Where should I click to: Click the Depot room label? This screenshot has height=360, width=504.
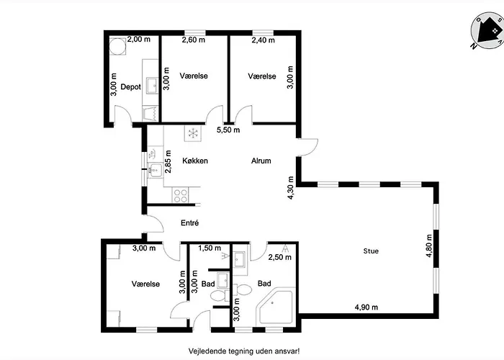(130, 87)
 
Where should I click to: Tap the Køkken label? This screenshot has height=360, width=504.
(195, 161)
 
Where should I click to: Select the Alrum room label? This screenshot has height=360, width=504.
(261, 161)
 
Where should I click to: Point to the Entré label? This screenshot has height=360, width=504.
(189, 222)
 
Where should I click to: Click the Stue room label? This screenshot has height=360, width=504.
(371, 251)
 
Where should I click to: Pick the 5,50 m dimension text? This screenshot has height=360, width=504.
(228, 130)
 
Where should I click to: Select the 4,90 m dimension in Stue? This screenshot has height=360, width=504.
(366, 307)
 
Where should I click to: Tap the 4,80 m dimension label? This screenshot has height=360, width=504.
(429, 246)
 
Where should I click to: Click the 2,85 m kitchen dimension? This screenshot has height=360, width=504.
(168, 162)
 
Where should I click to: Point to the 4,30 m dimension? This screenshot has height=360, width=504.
(291, 188)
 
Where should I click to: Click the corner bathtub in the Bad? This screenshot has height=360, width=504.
(275, 306)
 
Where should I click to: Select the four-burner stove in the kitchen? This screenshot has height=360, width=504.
(180, 195)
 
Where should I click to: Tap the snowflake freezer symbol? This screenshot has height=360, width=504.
(193, 133)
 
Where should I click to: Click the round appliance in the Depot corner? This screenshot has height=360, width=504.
(117, 47)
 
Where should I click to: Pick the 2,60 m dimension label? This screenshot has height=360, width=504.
(194, 40)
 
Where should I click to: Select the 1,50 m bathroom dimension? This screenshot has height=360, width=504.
(210, 248)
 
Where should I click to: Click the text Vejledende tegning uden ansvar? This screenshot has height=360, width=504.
(244, 351)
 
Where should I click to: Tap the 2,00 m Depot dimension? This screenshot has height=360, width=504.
(139, 39)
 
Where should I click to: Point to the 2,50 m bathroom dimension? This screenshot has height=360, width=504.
(280, 257)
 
